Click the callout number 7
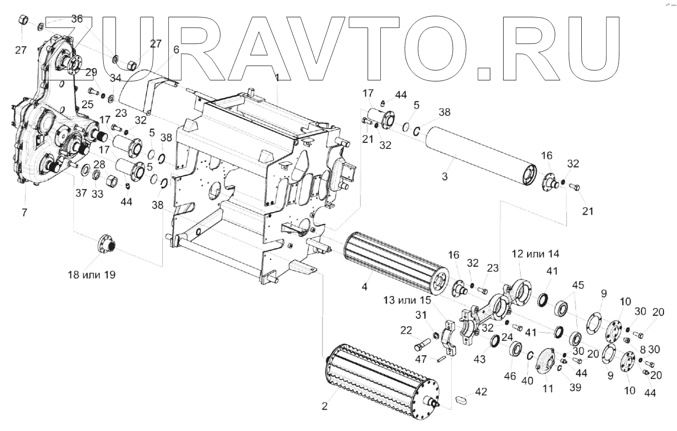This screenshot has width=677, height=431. pos(24,212)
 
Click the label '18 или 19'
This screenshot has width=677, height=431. pos(92,275)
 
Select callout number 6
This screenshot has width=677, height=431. pos(176,50)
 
